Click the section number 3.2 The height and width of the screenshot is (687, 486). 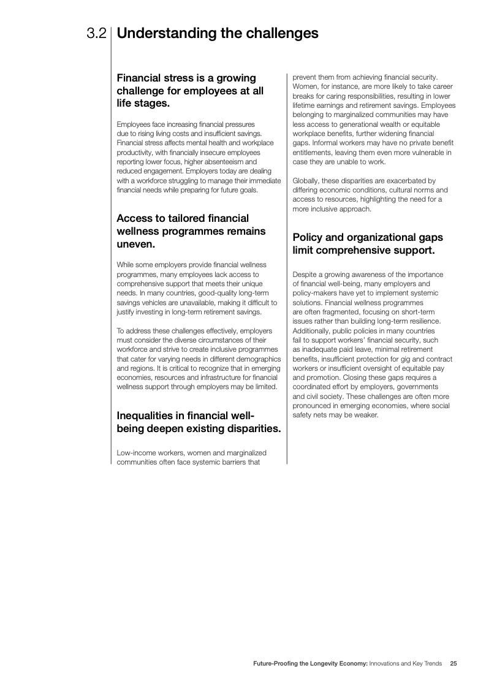(97, 34)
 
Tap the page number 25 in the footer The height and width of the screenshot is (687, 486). (454, 663)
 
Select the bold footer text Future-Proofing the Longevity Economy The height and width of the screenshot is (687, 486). (310, 663)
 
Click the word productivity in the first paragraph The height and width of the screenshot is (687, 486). (134, 152)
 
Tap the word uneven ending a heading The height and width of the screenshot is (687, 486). (135, 244)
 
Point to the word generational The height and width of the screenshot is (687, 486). (359, 124)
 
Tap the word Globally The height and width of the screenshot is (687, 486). (307, 181)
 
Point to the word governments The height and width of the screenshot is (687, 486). (416, 387)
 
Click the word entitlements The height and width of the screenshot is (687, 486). (313, 153)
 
